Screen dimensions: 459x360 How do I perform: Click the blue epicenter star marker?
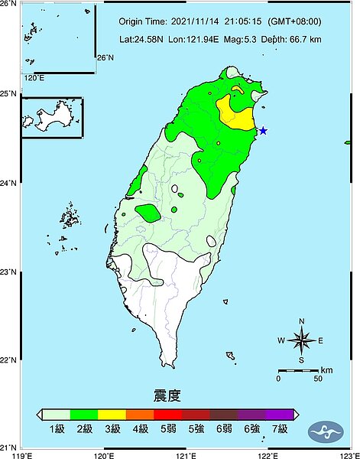pos(263,131)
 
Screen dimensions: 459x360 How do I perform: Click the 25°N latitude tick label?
pos(10,93)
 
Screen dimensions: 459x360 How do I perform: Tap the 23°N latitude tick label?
pos(10,272)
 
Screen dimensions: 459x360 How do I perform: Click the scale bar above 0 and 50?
pos(297,370)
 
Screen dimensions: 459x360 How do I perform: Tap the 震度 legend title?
pos(167,396)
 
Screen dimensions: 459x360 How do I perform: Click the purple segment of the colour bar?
pos(278,415)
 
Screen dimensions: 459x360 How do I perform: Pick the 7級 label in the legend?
pos(279,429)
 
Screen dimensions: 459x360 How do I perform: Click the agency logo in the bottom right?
pos(327,429)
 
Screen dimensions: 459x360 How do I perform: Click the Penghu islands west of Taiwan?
pos(70,218)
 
